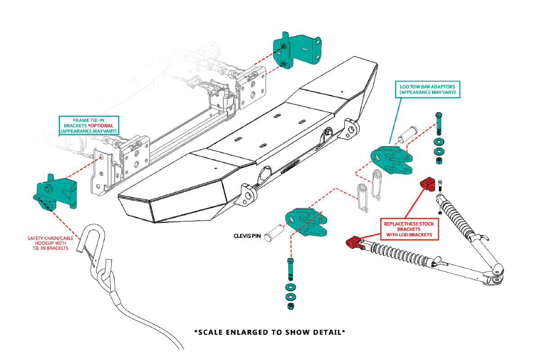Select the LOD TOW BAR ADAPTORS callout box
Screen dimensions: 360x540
point(427,89)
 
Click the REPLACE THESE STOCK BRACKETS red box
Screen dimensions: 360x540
point(408,229)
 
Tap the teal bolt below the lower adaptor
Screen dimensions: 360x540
point(290,269)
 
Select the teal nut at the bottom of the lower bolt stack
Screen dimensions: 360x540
point(290,306)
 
